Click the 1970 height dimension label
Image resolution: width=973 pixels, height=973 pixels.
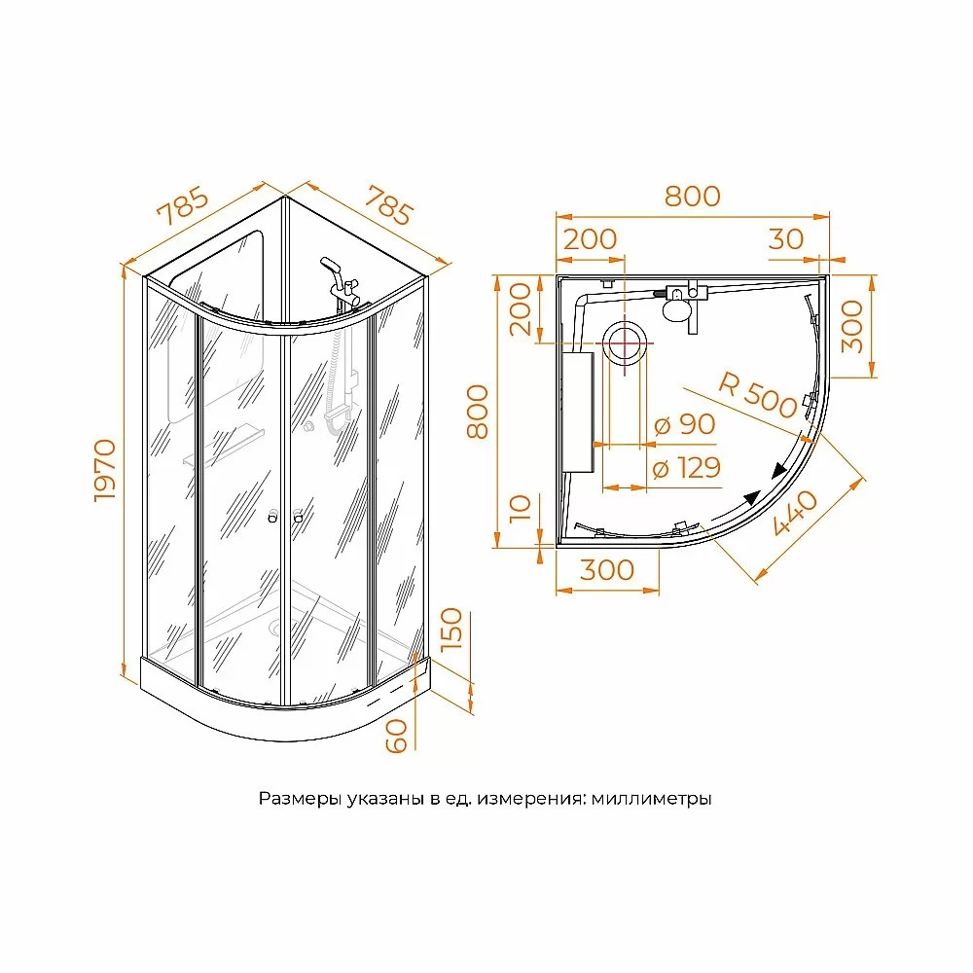pos(105,470)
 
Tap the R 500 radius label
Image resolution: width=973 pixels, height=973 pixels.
pos(757,395)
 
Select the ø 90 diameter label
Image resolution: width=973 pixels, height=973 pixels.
pos(685,424)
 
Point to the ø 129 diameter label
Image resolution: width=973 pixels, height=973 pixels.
pos(687,468)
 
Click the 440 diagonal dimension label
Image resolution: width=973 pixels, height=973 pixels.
pos(796,513)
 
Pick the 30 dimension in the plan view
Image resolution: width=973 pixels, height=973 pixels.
pos(785,239)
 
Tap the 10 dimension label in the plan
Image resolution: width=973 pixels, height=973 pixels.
pos(521,509)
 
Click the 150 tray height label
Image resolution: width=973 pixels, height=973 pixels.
pos(451,629)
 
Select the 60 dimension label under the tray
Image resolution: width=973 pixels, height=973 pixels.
pos(397,736)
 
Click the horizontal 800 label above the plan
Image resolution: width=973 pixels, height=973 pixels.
pos(693,197)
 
